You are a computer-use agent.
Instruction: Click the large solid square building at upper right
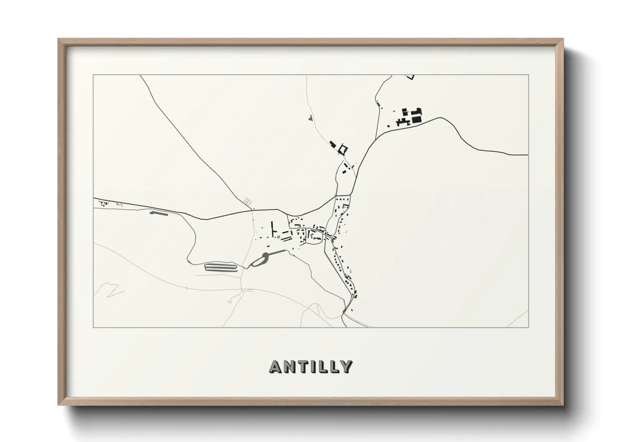click(x=417, y=119)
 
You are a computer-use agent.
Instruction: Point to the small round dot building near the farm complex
click(x=388, y=124)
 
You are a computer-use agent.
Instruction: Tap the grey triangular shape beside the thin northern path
click(x=309, y=118)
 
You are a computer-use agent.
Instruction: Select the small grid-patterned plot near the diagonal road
click(x=248, y=202)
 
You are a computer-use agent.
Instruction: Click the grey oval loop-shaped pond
click(x=259, y=261)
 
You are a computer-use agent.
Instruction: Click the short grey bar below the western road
click(x=159, y=213)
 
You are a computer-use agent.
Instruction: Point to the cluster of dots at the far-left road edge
click(x=102, y=203)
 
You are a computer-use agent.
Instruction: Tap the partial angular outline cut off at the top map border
click(x=410, y=77)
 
